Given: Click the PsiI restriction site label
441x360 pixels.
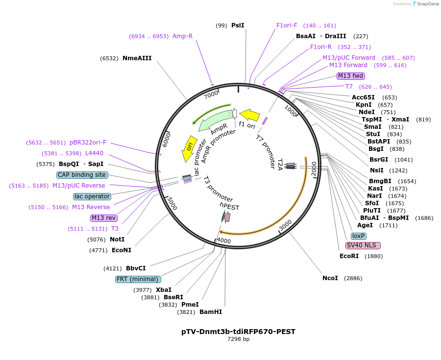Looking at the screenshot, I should point(238,25).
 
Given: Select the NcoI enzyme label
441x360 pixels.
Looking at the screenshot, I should point(330,278).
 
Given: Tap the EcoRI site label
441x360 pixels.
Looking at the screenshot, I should point(349,256).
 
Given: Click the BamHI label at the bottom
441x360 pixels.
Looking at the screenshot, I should point(210,312).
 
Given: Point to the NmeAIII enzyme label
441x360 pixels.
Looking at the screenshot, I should point(137,58).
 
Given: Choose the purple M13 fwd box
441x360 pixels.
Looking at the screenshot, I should point(351,75).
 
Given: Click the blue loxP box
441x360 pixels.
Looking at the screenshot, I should point(359,236).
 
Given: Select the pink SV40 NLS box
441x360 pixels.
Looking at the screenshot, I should point(363,245).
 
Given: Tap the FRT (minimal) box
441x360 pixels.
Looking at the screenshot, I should point(138,279).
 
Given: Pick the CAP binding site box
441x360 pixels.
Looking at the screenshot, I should point(82,175).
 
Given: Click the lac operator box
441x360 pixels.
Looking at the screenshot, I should point(92,196).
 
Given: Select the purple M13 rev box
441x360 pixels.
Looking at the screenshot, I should point(104,218).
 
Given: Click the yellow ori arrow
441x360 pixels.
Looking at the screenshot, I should point(189,148).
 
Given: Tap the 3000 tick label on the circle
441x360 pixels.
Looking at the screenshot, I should point(285,226).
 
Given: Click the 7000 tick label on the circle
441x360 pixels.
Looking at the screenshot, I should point(211,94).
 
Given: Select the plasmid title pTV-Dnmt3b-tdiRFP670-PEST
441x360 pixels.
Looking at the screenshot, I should point(238,332).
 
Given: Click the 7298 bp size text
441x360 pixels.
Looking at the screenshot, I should point(238,339).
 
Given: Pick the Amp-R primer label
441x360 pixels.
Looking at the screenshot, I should point(182,36).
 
